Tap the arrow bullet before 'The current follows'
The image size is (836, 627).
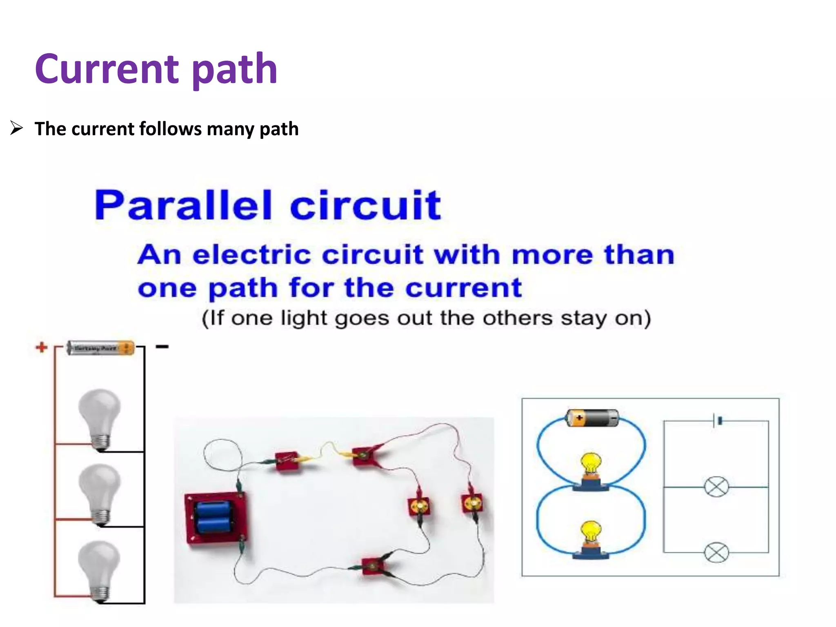tap(17, 129)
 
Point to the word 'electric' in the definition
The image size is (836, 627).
tap(252, 255)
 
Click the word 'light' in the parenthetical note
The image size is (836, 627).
tap(304, 318)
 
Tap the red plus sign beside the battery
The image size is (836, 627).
tap(41, 347)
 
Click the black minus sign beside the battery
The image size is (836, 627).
tap(162, 347)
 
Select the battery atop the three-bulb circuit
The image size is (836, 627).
tap(100, 348)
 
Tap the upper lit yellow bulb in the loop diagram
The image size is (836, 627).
tap(591, 465)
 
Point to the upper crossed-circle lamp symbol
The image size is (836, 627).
tap(716, 487)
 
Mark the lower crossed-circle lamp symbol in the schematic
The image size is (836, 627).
tap(716, 553)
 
